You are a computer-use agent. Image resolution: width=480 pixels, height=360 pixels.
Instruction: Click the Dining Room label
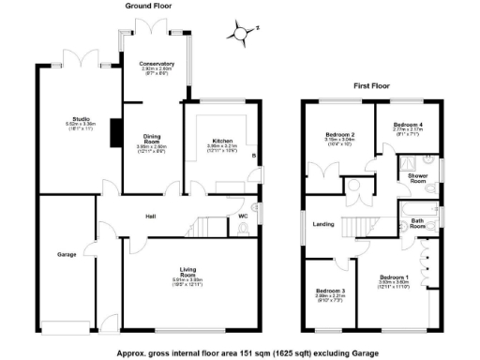(x=152, y=138)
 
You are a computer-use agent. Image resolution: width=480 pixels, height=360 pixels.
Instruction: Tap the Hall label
(x=150, y=216)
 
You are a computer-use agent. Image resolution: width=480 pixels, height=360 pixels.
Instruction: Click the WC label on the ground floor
(x=243, y=217)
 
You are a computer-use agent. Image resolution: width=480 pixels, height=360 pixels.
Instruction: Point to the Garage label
(x=66, y=254)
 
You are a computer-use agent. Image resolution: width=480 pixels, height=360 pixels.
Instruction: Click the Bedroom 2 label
(x=338, y=136)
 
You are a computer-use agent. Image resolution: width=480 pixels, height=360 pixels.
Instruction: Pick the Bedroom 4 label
(x=408, y=124)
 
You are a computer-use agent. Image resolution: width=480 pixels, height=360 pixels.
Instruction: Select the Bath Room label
(x=418, y=223)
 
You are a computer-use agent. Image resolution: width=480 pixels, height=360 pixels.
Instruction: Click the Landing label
(x=323, y=223)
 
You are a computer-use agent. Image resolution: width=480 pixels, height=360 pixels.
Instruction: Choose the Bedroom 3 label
(x=330, y=292)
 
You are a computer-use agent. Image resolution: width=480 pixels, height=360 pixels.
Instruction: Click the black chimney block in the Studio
(x=114, y=133)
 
